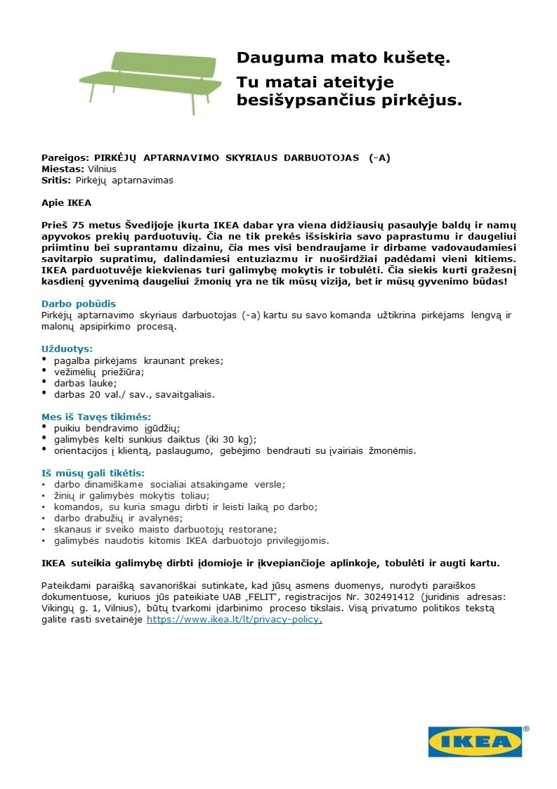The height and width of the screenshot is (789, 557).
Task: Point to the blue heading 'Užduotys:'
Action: [67, 348]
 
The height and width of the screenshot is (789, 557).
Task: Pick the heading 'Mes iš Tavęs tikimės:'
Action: [96, 417]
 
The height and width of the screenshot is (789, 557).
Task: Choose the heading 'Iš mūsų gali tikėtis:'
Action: [93, 473]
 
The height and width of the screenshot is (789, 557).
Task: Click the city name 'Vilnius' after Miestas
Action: [102, 169]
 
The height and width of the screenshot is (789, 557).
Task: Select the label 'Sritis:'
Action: [57, 180]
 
